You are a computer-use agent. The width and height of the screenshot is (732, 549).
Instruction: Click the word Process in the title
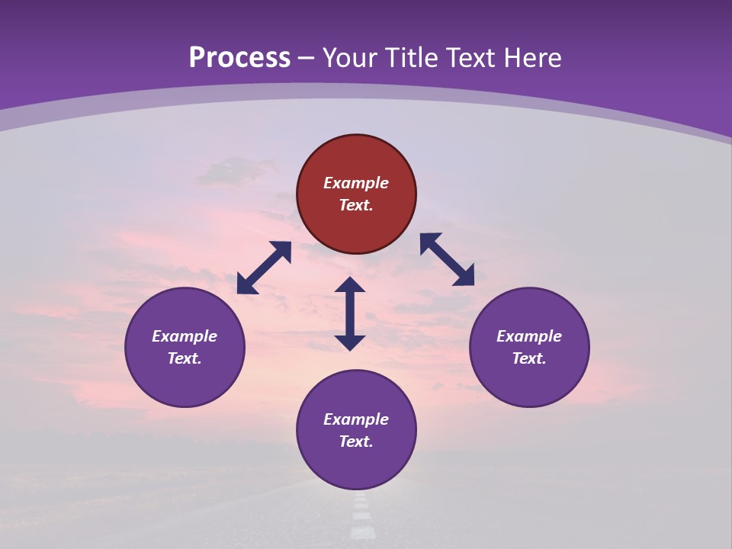click(239, 58)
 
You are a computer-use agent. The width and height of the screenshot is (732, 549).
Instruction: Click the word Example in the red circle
click(356, 183)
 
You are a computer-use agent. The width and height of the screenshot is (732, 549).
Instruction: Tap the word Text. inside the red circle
click(356, 205)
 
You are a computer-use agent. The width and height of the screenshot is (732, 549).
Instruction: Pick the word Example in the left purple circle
click(185, 336)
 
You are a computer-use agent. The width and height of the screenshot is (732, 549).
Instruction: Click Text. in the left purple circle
click(185, 358)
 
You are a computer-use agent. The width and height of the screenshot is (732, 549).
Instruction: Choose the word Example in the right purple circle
click(529, 336)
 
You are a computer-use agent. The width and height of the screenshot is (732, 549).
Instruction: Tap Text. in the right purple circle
click(529, 358)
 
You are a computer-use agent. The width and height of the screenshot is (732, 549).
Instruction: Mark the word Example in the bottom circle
click(356, 419)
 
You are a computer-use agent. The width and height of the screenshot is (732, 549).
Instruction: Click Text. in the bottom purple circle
click(356, 441)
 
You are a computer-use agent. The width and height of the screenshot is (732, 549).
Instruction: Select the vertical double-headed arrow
click(350, 313)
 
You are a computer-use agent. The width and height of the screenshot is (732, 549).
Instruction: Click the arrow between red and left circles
click(264, 268)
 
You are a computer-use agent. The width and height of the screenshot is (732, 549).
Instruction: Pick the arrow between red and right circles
click(447, 259)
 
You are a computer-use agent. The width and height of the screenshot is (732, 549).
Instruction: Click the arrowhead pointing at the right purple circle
click(464, 277)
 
